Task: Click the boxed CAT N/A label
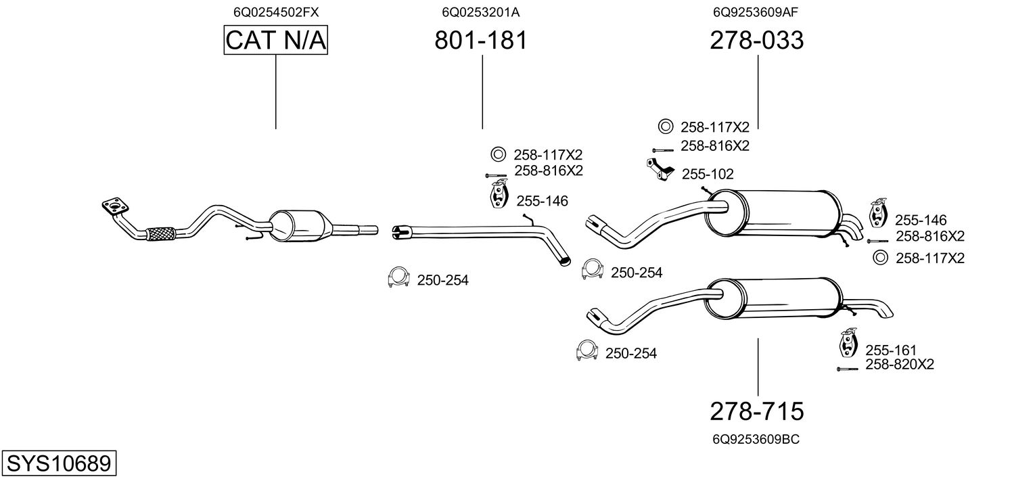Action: [276, 41]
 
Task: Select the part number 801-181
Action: [480, 41]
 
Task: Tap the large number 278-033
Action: [757, 41]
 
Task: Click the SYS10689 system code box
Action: [59, 463]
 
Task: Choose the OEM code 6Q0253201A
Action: [481, 12]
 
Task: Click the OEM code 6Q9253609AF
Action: [757, 12]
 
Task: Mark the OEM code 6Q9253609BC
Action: [756, 439]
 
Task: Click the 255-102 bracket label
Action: [708, 175]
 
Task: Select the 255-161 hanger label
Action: [891, 350]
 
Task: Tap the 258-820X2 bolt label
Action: [900, 365]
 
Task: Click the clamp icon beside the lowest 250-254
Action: [587, 350]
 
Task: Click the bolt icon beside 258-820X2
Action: [848, 369]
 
